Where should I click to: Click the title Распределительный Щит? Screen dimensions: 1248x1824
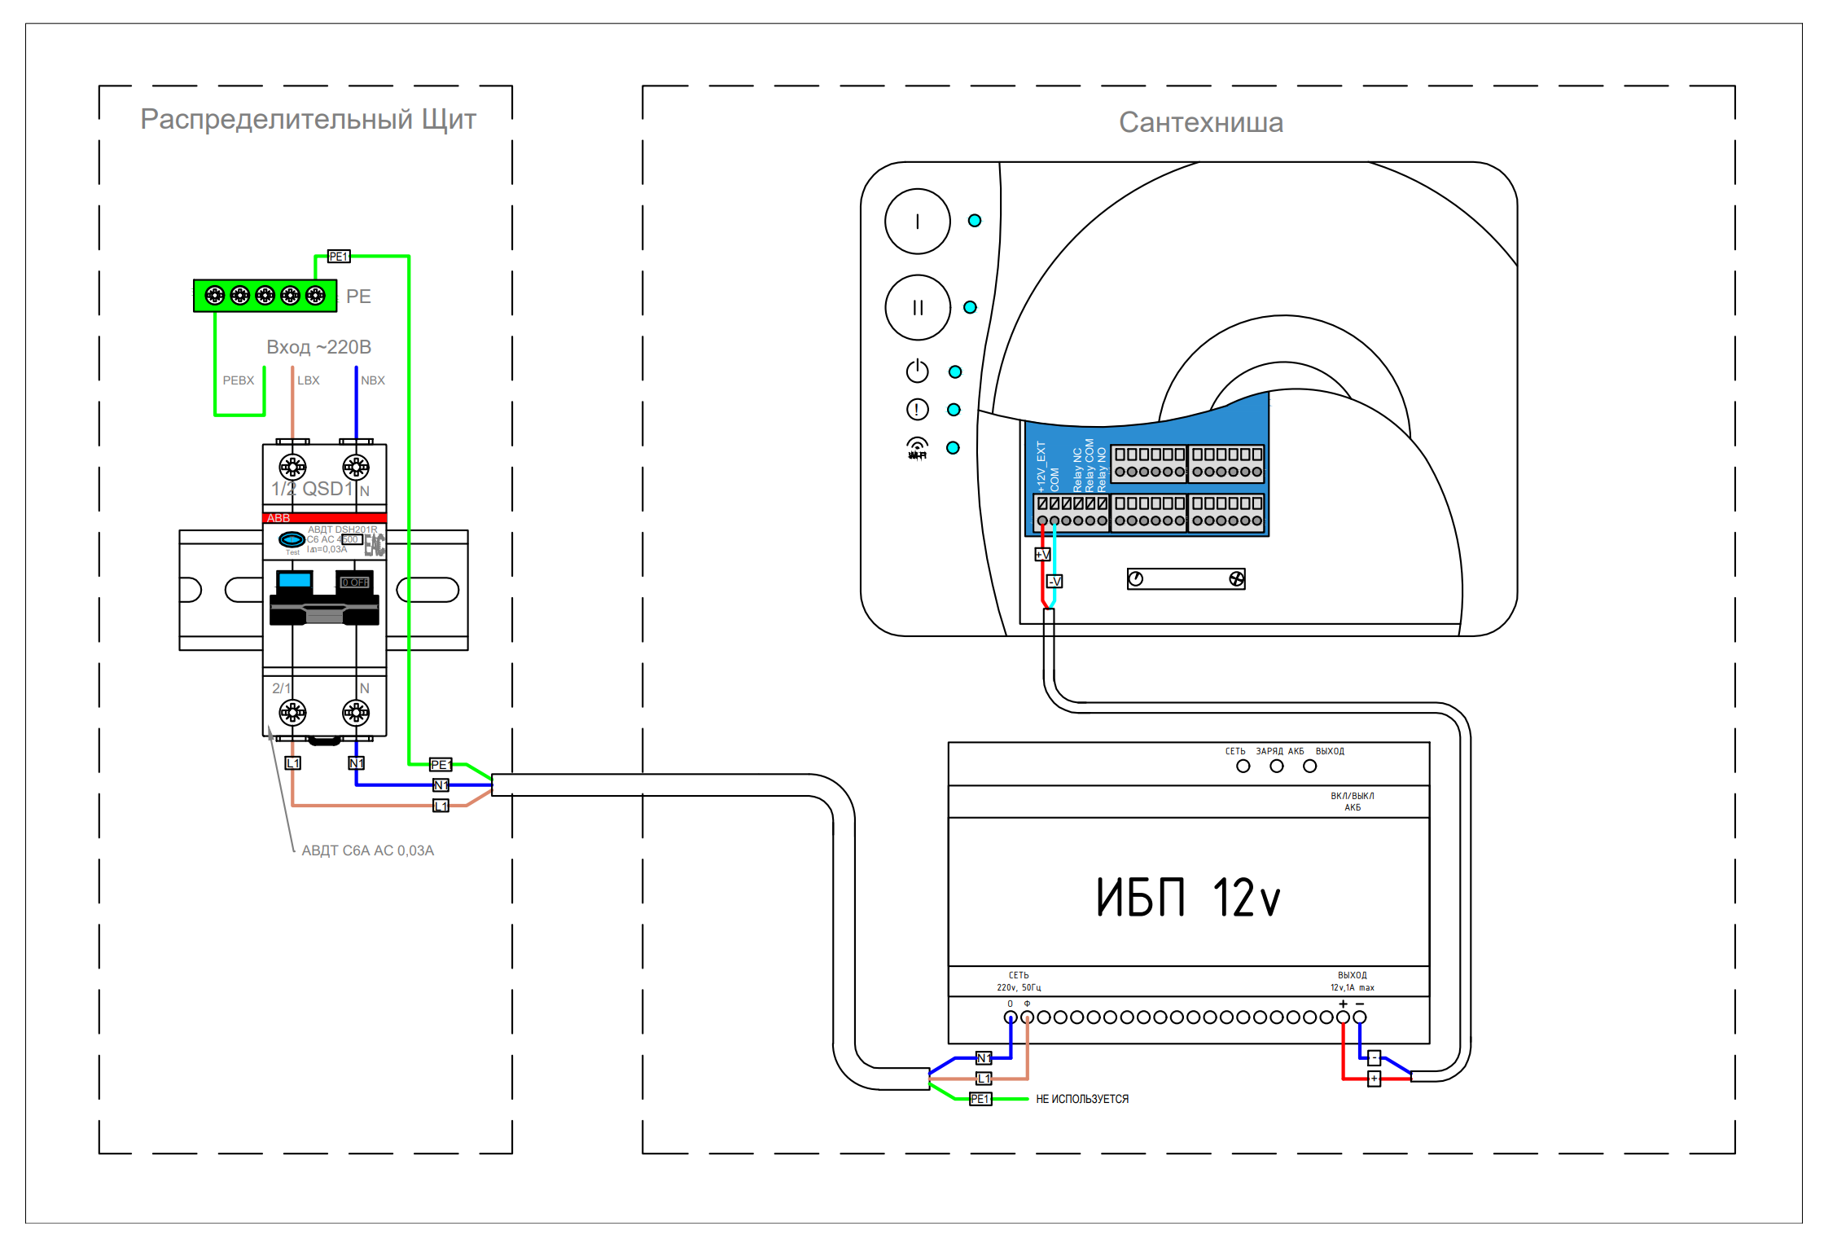click(308, 119)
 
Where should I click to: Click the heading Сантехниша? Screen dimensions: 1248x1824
click(1200, 122)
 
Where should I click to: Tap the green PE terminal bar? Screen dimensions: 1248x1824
click(265, 296)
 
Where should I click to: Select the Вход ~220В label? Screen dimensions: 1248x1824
click(318, 347)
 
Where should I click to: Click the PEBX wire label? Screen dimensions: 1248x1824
click(238, 380)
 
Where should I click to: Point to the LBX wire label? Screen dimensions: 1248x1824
click(308, 380)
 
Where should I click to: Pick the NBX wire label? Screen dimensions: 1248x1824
click(372, 380)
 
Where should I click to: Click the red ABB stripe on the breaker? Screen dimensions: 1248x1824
click(324, 518)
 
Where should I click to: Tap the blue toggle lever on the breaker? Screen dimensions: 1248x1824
click(294, 580)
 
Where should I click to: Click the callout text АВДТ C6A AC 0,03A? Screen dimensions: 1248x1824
click(367, 850)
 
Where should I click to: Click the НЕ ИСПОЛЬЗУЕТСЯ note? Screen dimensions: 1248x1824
click(1081, 1099)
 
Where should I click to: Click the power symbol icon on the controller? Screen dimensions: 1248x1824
click(917, 371)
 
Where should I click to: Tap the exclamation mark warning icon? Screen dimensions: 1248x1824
click(917, 409)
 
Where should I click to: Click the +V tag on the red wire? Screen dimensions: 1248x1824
click(1042, 555)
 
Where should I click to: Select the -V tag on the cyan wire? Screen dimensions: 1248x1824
click(1054, 582)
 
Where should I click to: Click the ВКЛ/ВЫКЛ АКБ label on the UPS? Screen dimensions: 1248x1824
click(1352, 802)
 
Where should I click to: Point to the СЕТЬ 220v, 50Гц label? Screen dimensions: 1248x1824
click(1019, 981)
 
